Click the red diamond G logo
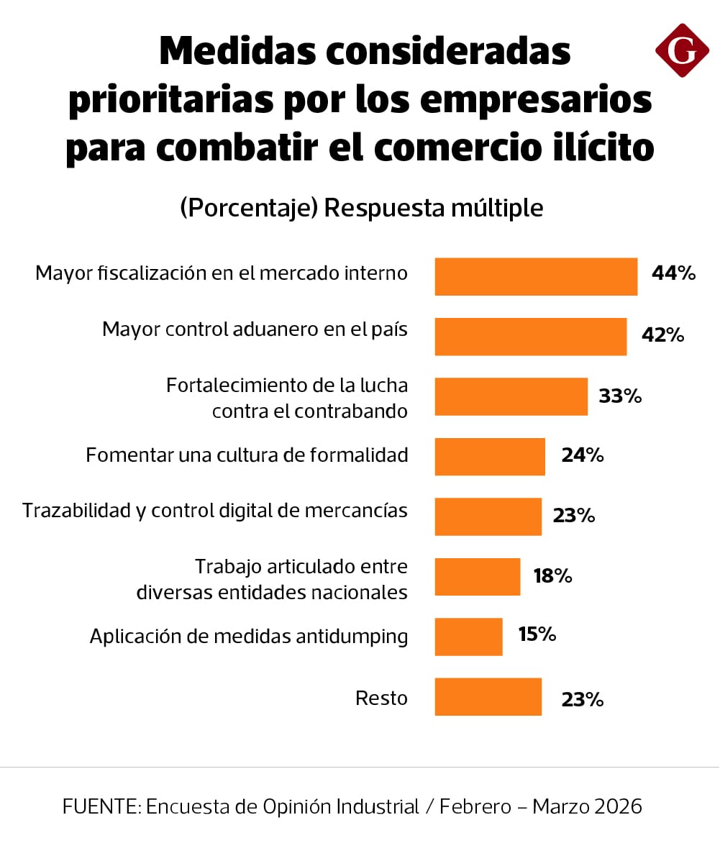pos(682,50)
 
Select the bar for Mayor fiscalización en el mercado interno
pos(536,277)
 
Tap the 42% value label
pos(662,335)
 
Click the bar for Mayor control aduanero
pos(530,337)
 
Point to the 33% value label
pos(620,396)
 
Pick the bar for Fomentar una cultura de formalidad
pos(490,457)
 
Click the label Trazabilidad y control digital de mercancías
pos(215,511)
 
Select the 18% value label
pos(552,575)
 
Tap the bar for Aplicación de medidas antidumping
pos(468,637)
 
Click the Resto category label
pos(381,698)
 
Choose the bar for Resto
pos(488,697)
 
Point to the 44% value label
pos(673,273)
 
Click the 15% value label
pos(537,634)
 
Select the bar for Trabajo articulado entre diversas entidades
pos(477,577)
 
